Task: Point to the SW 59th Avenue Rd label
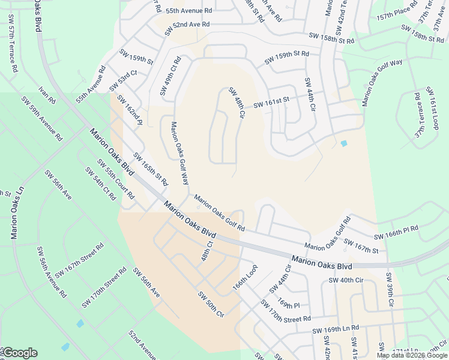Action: [41, 118]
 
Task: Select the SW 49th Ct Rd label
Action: [170, 76]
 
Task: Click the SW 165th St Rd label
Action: [151, 170]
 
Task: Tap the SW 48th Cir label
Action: [237, 103]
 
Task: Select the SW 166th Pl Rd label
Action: [396, 233]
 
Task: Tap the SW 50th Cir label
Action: [211, 304]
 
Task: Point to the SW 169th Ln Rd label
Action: [335, 329]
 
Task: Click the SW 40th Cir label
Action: [346, 280]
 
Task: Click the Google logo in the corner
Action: [20, 353]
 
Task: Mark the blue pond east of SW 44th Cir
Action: [343, 143]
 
